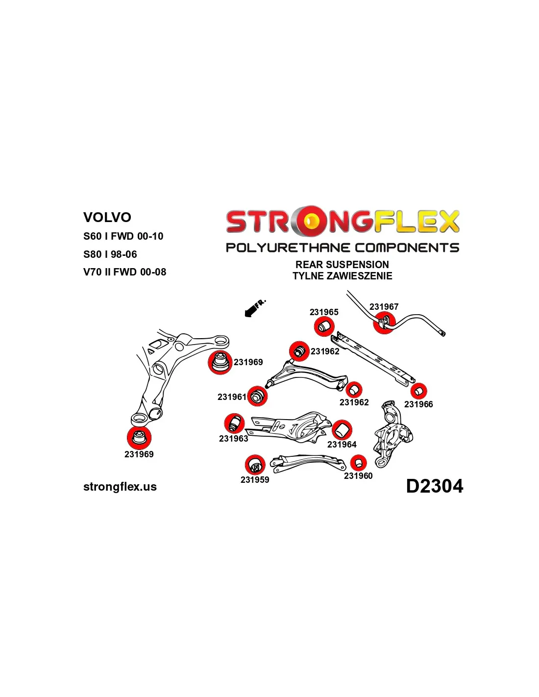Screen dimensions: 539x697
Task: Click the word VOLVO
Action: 107,217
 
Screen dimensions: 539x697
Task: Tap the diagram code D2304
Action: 435,486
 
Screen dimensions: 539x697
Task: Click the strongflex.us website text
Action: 120,487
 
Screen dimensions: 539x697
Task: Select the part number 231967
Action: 384,307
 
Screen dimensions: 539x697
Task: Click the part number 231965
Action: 324,312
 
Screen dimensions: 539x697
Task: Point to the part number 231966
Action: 418,404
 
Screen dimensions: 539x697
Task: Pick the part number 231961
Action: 232,397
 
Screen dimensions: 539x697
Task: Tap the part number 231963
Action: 233,439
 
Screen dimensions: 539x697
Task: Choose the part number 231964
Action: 342,444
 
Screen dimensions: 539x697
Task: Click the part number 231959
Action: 255,479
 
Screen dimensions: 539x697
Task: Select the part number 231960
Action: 358,475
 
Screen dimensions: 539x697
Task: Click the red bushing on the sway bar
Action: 384,323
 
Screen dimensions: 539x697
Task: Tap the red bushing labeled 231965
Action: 324,326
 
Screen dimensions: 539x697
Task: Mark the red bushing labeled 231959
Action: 255,465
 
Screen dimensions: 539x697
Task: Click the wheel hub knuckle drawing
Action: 393,433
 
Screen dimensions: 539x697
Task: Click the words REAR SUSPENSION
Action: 342,265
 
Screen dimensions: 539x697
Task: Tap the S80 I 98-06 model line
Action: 110,254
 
